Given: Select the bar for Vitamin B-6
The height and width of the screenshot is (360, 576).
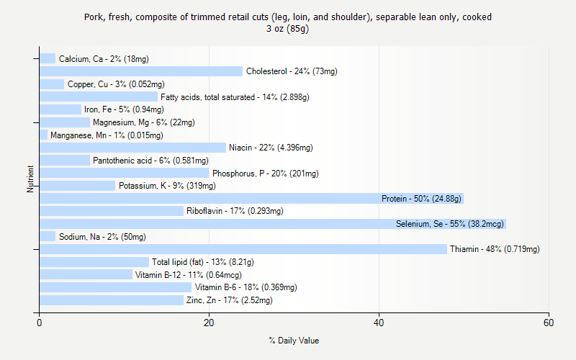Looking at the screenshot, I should [x=115, y=287].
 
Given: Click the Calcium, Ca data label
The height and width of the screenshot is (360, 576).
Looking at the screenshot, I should [x=104, y=59].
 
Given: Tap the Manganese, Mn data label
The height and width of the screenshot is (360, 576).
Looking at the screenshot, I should [x=107, y=135].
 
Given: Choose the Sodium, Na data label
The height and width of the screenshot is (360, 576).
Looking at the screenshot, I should [x=102, y=237].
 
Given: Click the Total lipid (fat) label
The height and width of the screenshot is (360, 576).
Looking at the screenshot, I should [x=202, y=262].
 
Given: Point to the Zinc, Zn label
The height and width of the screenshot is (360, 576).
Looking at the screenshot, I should [x=229, y=300].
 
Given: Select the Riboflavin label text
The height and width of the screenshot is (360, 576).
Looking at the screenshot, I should [x=235, y=211].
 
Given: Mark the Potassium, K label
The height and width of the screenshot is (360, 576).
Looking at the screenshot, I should [x=167, y=186].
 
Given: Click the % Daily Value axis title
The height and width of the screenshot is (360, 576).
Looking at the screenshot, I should [x=294, y=341].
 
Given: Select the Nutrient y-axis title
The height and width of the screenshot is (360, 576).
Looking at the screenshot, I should [x=31, y=179].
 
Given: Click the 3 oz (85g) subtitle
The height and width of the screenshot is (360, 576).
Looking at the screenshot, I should [x=287, y=29].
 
